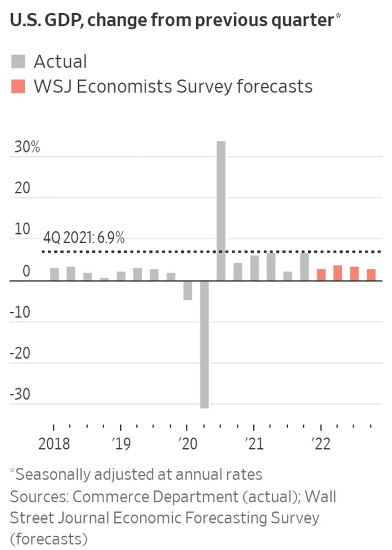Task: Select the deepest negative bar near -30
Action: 204,344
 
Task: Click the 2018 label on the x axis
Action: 54,443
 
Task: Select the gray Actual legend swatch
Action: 18,62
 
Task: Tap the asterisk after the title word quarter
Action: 337,18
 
